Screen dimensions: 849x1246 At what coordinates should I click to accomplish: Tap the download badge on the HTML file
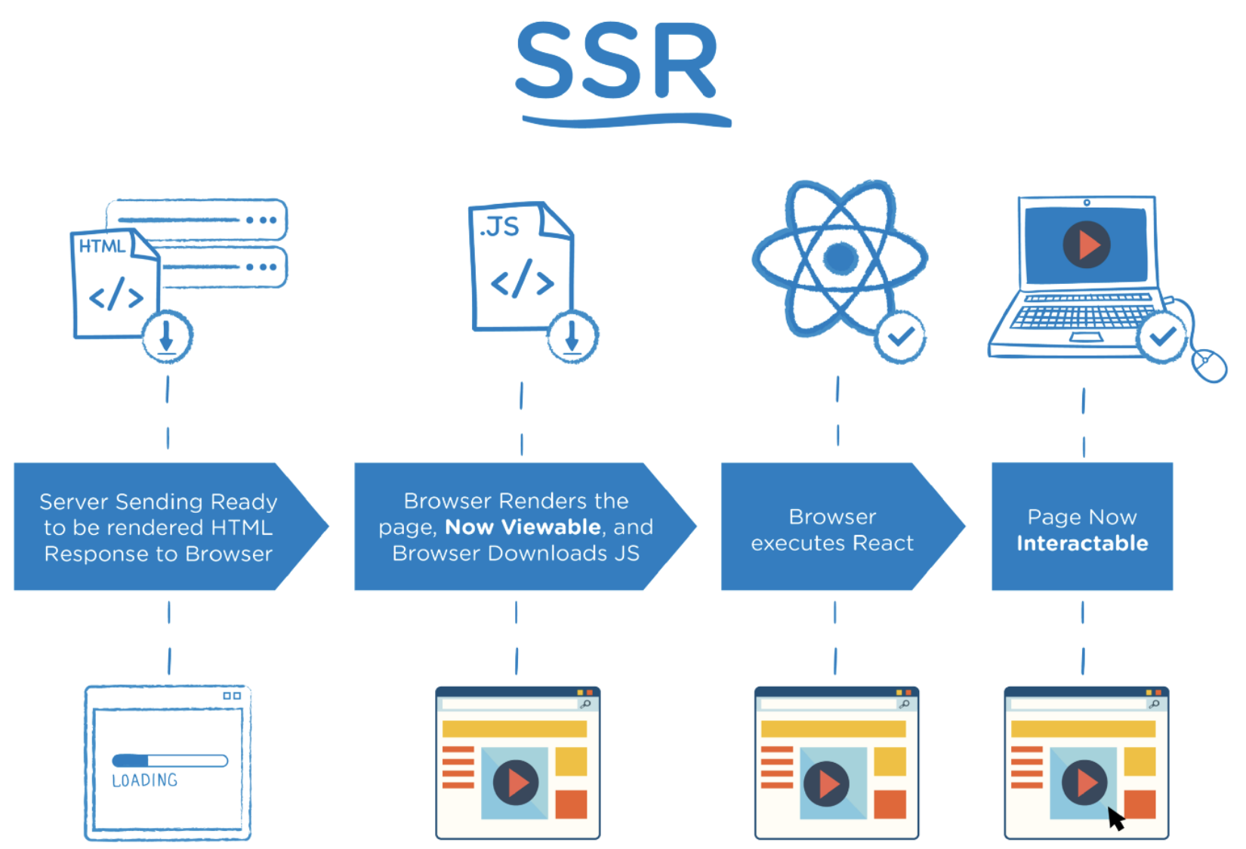167,335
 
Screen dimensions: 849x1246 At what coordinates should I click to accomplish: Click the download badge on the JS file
572,336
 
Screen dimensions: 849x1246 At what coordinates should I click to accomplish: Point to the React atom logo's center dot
840,258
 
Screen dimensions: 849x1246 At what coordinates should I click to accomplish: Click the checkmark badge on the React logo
900,337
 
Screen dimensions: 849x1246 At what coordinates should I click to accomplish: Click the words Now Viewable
523,526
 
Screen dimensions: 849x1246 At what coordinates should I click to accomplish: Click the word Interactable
1082,543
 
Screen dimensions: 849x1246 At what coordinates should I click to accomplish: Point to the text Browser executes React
832,529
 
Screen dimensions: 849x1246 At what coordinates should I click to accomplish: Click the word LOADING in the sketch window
144,780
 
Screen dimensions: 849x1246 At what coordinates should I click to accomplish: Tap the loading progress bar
170,761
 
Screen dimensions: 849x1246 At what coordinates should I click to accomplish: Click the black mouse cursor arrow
1115,819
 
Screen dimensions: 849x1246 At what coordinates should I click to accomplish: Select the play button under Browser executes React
826,784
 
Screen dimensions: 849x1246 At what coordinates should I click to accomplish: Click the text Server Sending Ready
158,502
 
